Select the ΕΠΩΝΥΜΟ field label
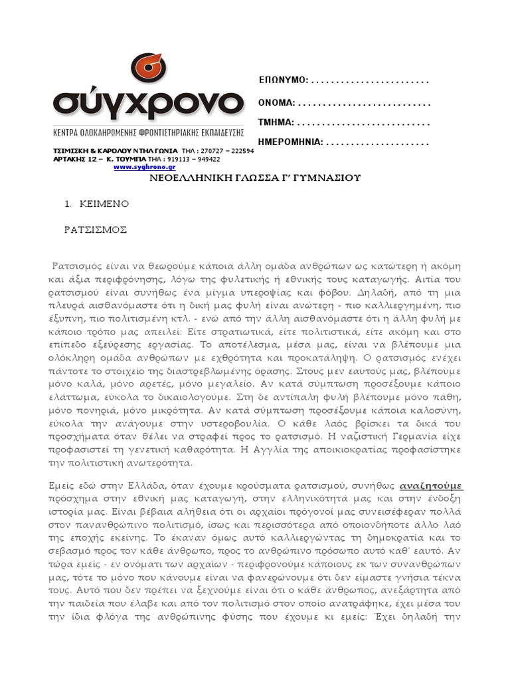tap(283, 80)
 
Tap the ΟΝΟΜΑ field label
tap(277, 104)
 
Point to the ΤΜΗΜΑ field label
tap(276, 123)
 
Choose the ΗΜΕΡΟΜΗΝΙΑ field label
tap(291, 142)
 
